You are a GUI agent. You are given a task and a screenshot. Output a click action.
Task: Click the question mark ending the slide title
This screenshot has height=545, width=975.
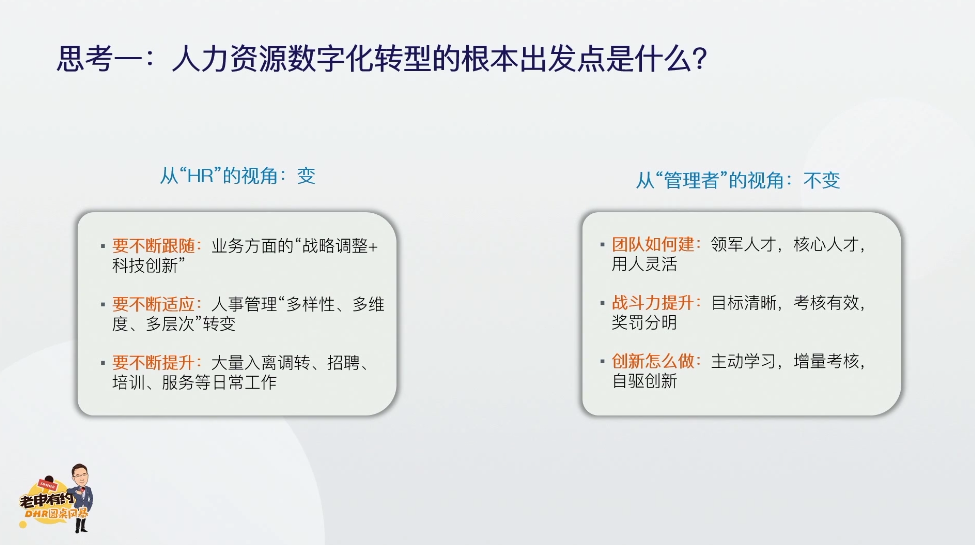(700, 59)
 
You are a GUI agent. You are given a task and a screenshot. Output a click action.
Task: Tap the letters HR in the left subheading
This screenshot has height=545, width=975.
(200, 176)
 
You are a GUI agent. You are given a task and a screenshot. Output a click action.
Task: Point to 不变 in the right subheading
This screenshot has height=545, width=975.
(821, 180)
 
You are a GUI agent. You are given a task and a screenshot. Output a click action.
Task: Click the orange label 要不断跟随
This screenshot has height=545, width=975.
(153, 246)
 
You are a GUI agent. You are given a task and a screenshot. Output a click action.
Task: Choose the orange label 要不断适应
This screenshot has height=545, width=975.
(153, 304)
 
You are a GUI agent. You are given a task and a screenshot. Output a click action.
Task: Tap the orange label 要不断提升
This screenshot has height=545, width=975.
(153, 363)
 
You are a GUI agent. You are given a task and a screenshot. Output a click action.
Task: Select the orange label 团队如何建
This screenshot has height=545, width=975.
(652, 245)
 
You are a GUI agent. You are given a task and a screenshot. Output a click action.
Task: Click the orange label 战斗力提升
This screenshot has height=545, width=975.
(652, 303)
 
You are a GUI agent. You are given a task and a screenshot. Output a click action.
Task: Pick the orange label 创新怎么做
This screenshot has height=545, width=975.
(652, 361)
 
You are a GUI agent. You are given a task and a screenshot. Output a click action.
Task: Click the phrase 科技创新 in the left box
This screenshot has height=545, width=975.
(144, 266)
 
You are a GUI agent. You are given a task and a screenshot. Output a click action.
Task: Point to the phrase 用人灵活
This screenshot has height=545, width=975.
(644, 264)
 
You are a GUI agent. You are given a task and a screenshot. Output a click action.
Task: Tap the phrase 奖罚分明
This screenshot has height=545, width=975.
(644, 323)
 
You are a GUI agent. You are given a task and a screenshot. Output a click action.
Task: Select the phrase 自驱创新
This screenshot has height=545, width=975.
(644, 381)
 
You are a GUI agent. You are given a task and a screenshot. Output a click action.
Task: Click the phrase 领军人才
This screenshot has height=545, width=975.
(743, 245)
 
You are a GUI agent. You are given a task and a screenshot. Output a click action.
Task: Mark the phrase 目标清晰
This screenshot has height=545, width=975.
(743, 303)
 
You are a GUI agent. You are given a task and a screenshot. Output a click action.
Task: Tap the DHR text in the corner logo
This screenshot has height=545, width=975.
(37, 515)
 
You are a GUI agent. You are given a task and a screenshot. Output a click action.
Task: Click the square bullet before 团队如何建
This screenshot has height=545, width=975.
(602, 245)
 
